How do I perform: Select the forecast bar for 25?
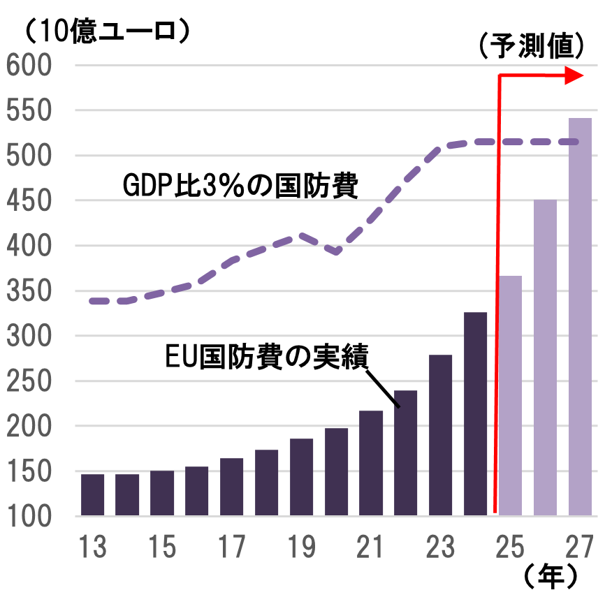[x=511, y=395]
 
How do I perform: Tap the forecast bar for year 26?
[x=545, y=357]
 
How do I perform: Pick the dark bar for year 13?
[x=92, y=494]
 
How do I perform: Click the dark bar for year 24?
[x=475, y=413]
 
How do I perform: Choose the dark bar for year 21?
[x=371, y=463]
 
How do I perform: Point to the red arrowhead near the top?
[x=574, y=75]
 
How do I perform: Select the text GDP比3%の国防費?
[x=241, y=186]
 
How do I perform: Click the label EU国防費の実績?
[x=266, y=356]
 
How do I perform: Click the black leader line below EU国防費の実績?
[x=382, y=388]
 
